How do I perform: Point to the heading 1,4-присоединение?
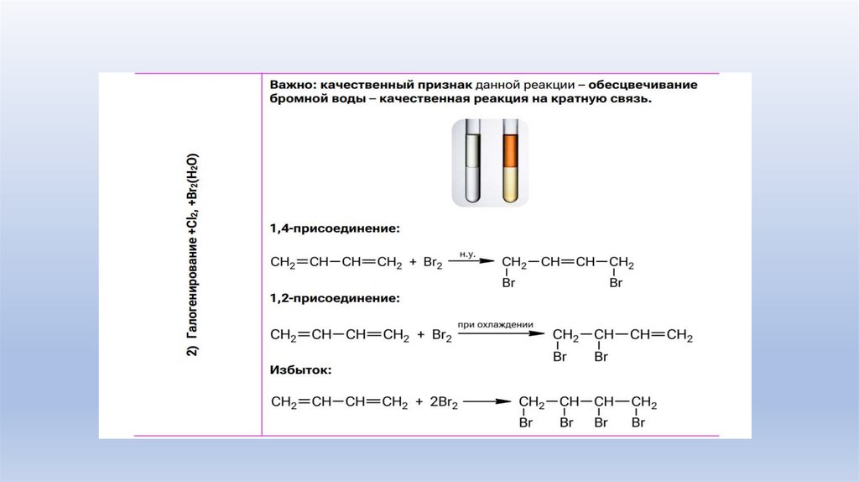tap(334, 228)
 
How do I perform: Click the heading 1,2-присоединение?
tap(334, 298)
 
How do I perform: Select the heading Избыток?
tap(300, 369)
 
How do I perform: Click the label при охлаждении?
tap(495, 322)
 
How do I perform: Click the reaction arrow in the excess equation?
tap(487, 402)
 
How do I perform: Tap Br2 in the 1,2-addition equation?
tap(442, 335)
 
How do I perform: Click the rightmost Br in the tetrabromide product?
tap(638, 422)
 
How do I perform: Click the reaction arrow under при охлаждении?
tap(495, 333)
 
